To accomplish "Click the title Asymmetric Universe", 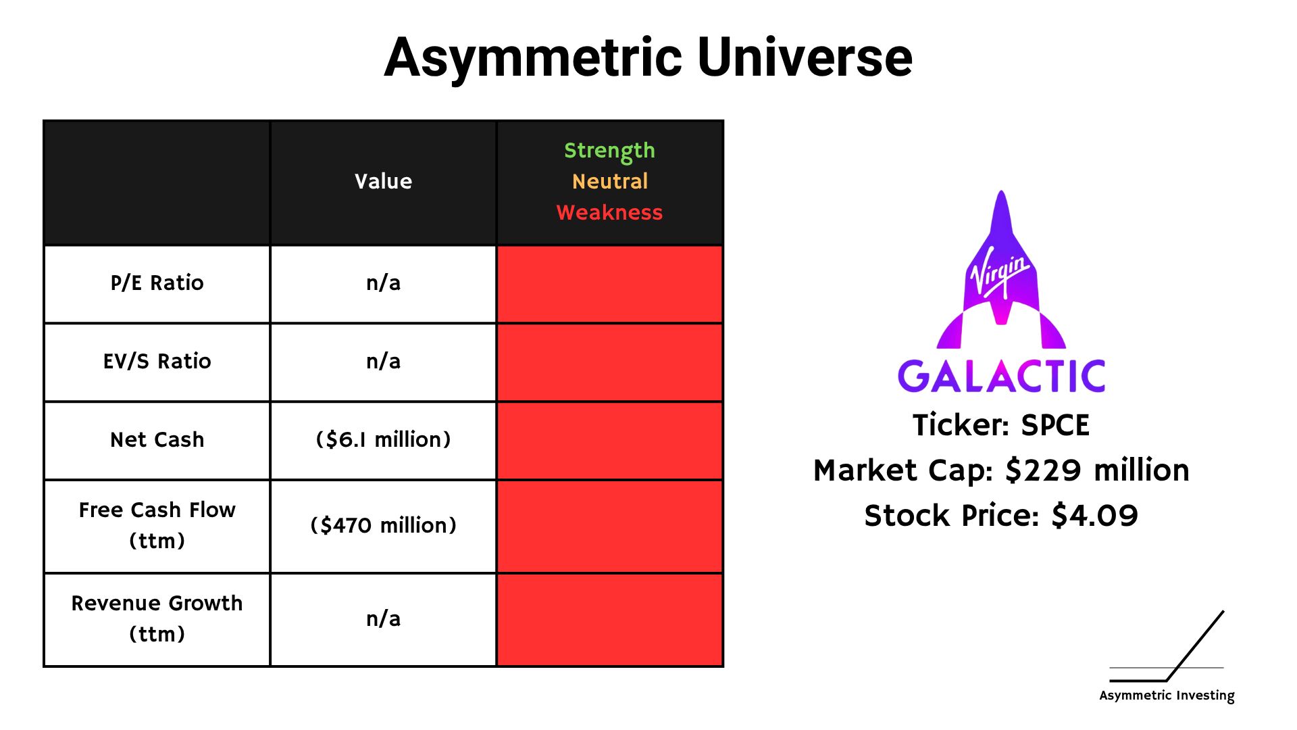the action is (648, 58).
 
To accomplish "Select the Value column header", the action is (383, 181).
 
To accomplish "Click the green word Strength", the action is (609, 151).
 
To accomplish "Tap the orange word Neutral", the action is (609, 181).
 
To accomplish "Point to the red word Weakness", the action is (609, 212).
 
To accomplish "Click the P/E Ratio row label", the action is (157, 283).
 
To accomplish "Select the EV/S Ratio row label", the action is (157, 361).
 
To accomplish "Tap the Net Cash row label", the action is (157, 439).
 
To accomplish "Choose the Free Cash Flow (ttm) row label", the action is (157, 525).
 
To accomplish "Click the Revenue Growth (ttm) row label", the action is (157, 618).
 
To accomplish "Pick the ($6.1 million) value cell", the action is (383, 439).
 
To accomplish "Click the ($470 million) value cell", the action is (383, 525).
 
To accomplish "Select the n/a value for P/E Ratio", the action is (383, 283).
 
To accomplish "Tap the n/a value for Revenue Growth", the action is (383, 618).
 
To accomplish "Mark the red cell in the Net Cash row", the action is (609, 441).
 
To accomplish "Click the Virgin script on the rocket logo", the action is (1000, 274).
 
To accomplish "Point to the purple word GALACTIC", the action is (1001, 376).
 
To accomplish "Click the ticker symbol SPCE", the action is (1055, 425).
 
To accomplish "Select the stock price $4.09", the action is (1094, 516).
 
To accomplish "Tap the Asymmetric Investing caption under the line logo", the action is (1167, 696).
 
